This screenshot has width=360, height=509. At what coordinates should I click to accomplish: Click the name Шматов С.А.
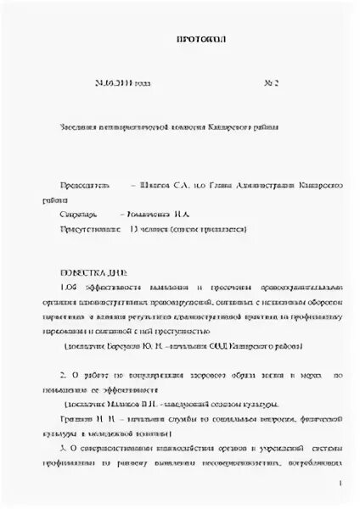coord(166,183)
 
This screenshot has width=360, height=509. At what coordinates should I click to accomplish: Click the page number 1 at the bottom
coord(339,484)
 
